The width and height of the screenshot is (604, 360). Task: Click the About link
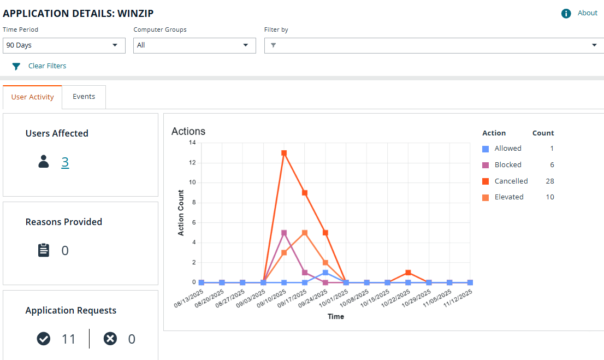click(x=587, y=13)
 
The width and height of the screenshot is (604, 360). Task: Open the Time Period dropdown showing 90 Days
click(x=64, y=45)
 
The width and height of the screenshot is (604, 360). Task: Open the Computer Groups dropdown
click(x=194, y=45)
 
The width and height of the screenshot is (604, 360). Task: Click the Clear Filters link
click(x=47, y=66)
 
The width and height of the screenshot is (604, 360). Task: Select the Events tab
click(x=84, y=97)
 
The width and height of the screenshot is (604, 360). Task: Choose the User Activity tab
click(x=32, y=97)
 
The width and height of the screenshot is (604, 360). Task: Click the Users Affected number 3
click(x=65, y=162)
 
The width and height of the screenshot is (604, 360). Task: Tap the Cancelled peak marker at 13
click(x=284, y=153)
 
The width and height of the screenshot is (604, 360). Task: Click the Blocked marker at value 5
click(x=284, y=233)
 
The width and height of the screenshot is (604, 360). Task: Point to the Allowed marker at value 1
click(x=325, y=273)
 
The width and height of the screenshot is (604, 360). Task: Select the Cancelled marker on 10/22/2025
click(x=408, y=273)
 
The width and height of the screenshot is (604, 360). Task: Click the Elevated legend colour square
click(x=485, y=197)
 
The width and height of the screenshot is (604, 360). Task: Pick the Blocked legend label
click(x=508, y=165)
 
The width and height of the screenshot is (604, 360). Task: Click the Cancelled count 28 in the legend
click(x=549, y=181)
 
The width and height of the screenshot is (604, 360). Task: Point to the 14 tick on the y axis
click(x=192, y=143)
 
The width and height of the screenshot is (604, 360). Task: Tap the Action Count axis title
click(x=181, y=213)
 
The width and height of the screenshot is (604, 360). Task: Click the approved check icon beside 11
click(x=44, y=339)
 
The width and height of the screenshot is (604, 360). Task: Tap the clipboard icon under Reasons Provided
click(x=44, y=251)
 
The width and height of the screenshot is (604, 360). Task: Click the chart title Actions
click(x=188, y=132)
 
